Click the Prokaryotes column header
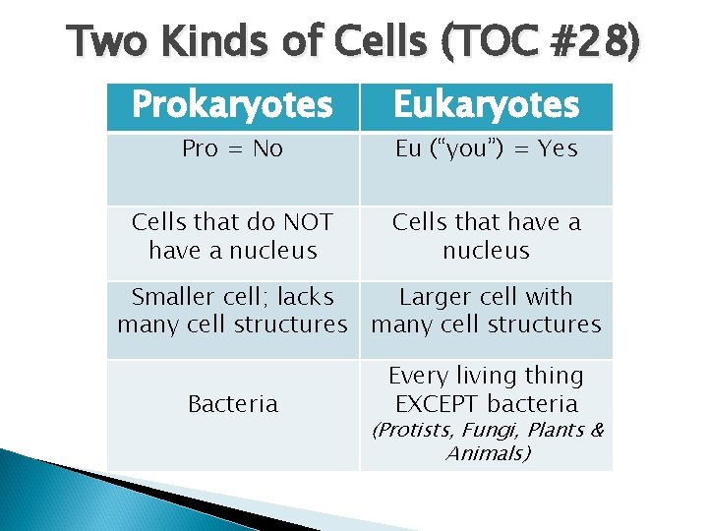[232, 105]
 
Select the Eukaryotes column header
[486, 105]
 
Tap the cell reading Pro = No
[233, 149]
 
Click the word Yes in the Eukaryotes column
[558, 149]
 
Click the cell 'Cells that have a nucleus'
[486, 236]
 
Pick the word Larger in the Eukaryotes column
[432, 297]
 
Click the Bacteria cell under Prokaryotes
[233, 403]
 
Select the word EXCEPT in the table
[437, 403]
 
